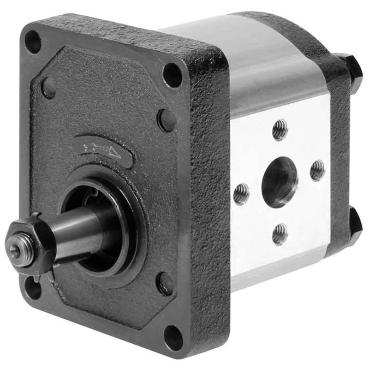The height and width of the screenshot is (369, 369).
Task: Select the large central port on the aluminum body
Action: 280,181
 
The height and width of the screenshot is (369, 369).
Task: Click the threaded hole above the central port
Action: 280,130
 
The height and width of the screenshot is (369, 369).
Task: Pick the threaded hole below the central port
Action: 280,233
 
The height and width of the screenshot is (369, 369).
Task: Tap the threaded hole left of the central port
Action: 241,194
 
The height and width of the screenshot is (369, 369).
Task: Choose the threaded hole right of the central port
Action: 317,170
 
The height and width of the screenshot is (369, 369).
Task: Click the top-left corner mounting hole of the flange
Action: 33,42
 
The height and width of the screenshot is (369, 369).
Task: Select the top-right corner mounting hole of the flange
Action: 173,75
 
